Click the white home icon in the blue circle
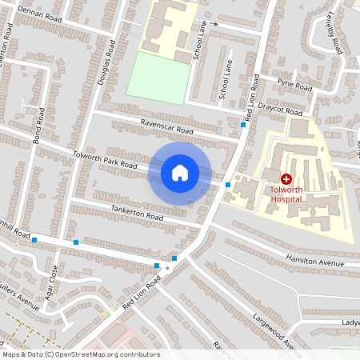pos(180,172)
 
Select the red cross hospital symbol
pos(286,178)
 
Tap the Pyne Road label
pos(294,83)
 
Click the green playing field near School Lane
pos(158,78)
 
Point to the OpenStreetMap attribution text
pos(81,354)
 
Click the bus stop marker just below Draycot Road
pos(243,124)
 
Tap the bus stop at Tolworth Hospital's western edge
pos(228,185)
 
